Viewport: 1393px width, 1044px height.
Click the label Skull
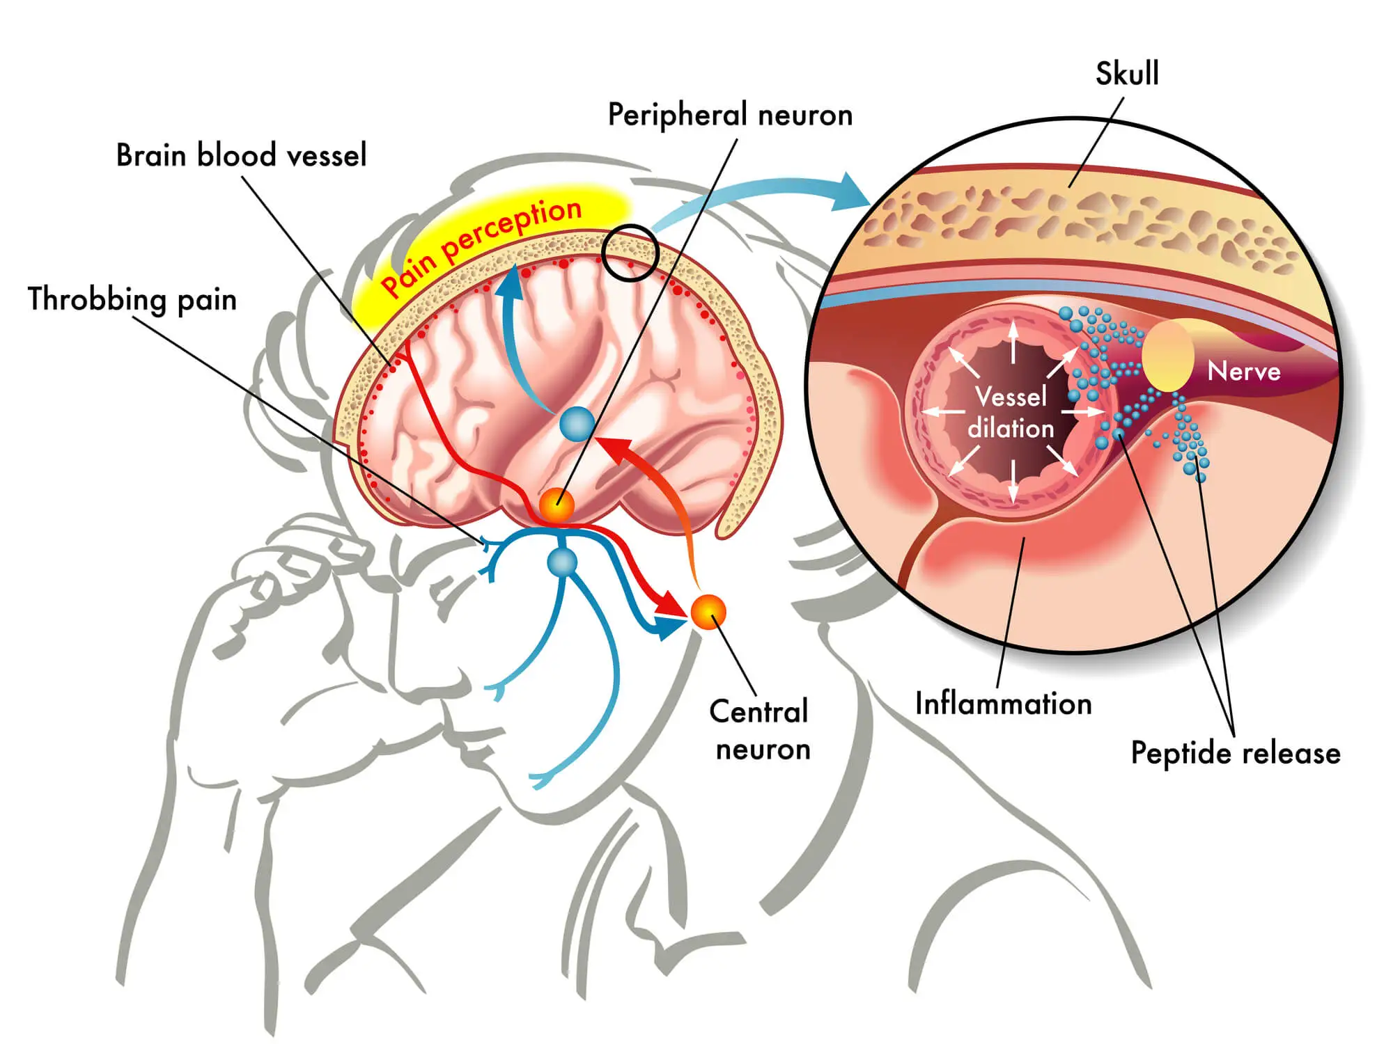(1127, 74)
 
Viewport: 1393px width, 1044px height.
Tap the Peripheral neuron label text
(730, 115)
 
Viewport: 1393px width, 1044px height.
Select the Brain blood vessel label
(241, 155)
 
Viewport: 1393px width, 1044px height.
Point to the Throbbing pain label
(132, 299)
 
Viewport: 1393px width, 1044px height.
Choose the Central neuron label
(760, 730)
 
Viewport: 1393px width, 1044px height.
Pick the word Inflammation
(1003, 704)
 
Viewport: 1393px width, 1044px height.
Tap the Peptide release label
(1236, 753)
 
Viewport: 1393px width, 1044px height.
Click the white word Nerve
(1244, 371)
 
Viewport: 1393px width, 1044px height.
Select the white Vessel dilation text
(1011, 412)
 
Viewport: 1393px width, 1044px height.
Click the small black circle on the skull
(630, 253)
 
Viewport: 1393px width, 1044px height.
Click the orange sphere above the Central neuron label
(708, 612)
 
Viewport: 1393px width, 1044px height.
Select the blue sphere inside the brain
(577, 424)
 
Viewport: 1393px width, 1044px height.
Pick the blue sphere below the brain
(562, 562)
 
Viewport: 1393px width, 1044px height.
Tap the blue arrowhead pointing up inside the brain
(512, 282)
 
